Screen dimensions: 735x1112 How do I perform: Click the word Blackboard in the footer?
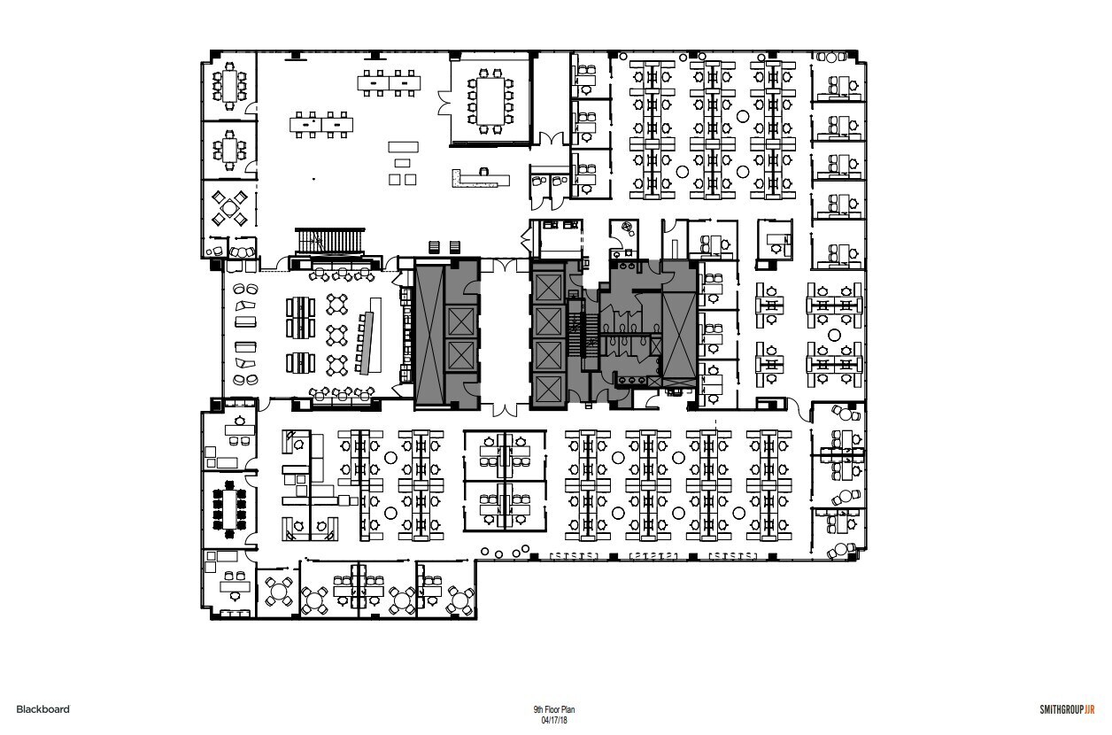(42, 708)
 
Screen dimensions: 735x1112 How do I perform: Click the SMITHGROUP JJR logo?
(1068, 709)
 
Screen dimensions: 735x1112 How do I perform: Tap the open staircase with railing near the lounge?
(328, 241)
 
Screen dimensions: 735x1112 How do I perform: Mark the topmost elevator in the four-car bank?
(546, 287)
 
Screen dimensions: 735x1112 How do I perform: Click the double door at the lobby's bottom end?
(505, 408)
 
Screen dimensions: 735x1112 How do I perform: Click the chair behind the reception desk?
(485, 167)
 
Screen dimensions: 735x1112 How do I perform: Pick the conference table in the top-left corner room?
(232, 86)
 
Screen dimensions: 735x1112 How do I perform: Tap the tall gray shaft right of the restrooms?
(678, 333)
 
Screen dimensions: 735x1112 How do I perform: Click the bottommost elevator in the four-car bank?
(546, 387)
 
